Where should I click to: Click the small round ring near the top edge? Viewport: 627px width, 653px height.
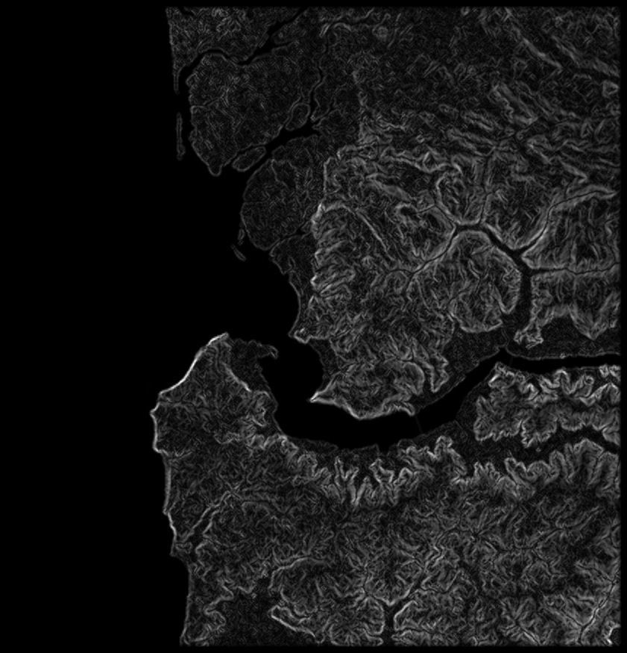(382, 32)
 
